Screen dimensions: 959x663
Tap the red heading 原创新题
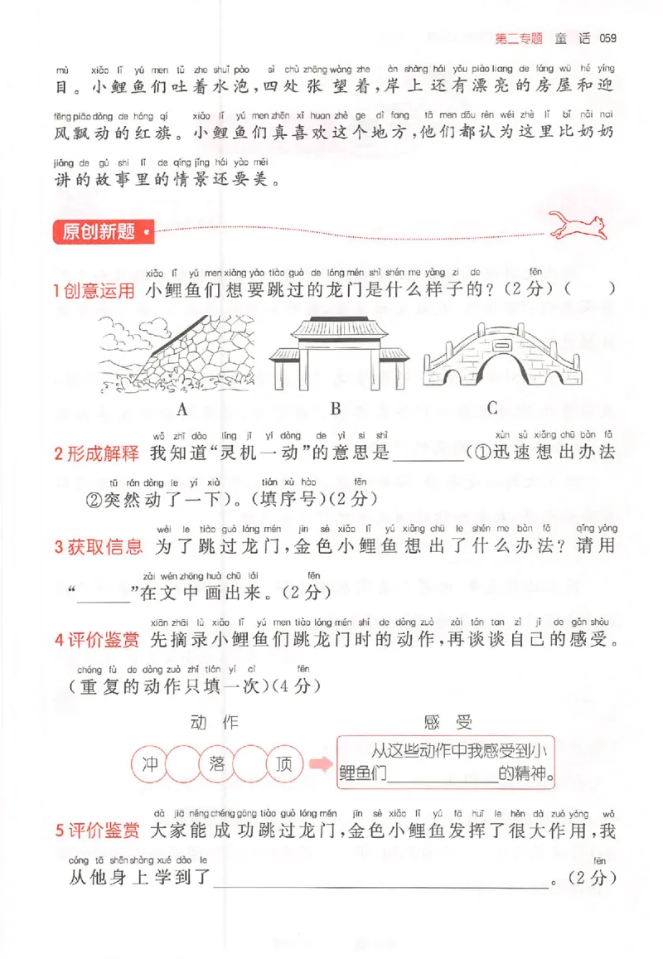[x=99, y=232]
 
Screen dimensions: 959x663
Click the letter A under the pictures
[x=182, y=409]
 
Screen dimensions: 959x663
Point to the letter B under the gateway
[x=336, y=409]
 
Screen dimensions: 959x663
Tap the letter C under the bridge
[x=492, y=408]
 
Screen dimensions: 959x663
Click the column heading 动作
[x=214, y=723]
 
